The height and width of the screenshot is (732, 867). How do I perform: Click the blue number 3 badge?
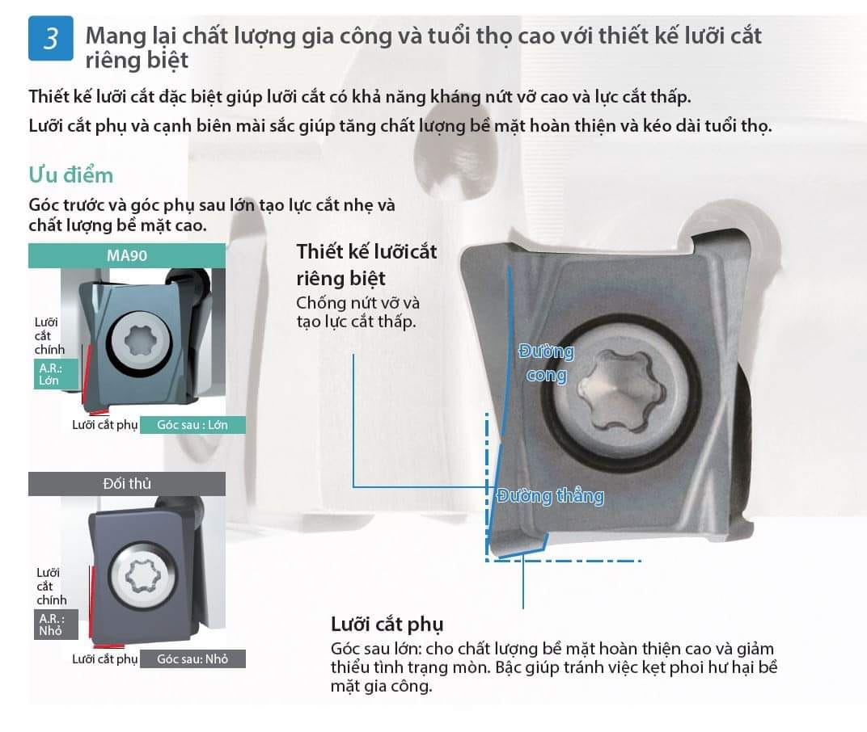click(x=50, y=38)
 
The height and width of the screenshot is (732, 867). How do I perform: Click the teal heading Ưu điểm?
click(x=71, y=175)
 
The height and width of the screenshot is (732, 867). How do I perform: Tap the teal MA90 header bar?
click(x=127, y=256)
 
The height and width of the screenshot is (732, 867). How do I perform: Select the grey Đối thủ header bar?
click(x=127, y=484)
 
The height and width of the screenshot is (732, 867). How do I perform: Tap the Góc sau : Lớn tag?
click(x=192, y=425)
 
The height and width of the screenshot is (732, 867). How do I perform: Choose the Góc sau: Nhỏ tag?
click(x=192, y=658)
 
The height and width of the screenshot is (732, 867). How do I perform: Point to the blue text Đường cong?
click(x=546, y=363)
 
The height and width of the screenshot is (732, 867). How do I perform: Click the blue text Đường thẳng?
click(x=550, y=495)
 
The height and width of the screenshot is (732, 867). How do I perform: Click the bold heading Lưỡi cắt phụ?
click(x=387, y=625)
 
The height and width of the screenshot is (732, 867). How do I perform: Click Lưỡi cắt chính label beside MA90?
click(x=49, y=336)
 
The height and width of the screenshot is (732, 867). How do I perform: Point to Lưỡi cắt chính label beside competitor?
click(x=52, y=586)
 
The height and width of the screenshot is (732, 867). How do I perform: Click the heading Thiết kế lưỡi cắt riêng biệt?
click(x=366, y=265)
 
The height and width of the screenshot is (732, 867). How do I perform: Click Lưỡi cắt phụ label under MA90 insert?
click(x=104, y=425)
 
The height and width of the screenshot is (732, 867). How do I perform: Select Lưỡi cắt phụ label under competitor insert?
click(x=104, y=658)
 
